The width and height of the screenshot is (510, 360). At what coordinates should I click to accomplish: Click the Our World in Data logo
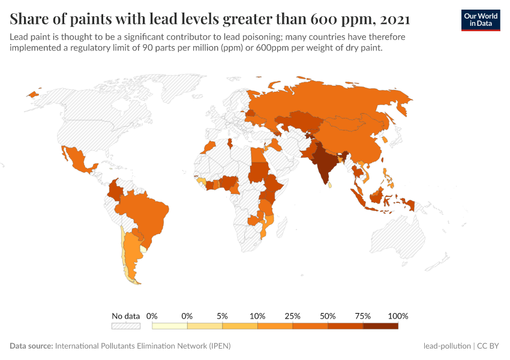[480, 19]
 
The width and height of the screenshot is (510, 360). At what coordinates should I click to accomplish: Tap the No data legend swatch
[126, 326]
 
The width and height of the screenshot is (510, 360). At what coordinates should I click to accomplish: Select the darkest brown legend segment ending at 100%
[380, 326]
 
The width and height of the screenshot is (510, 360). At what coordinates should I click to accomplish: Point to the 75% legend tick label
[363, 316]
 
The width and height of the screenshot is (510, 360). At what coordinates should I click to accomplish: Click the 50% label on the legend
[328, 316]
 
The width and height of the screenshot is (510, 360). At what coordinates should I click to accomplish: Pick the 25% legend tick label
[293, 316]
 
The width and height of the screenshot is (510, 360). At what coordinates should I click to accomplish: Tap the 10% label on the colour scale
[257, 316]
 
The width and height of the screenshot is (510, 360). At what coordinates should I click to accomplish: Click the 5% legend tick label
[223, 316]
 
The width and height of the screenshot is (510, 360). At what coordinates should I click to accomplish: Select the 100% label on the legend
[398, 316]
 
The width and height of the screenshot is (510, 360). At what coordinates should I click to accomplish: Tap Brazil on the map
[147, 213]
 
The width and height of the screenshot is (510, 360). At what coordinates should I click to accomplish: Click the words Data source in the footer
[31, 346]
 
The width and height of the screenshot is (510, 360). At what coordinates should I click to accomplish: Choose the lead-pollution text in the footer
[446, 346]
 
